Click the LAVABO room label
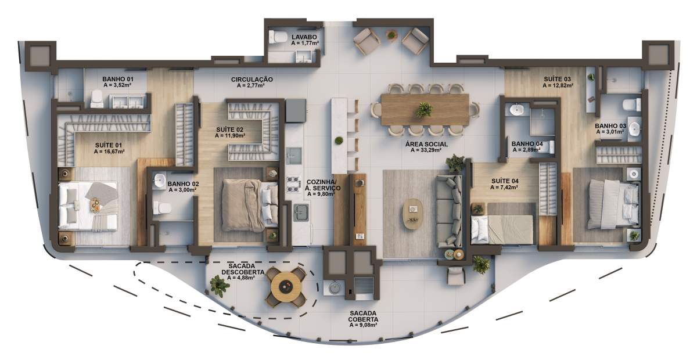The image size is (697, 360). pyautogui.click(x=304, y=37)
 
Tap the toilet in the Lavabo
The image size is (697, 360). pyautogui.click(x=278, y=37)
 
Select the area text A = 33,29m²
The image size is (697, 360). pyautogui.click(x=426, y=150)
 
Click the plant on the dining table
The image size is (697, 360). pyautogui.click(x=424, y=110)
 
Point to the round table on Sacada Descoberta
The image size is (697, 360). pyautogui.click(x=286, y=287)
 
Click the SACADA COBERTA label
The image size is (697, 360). pyautogui.click(x=363, y=316)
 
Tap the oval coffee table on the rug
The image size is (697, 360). pyautogui.click(x=413, y=214)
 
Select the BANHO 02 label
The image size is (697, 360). pyautogui.click(x=183, y=184)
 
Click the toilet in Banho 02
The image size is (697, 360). pyautogui.click(x=162, y=208)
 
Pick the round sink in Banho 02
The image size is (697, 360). pyautogui.click(x=160, y=180)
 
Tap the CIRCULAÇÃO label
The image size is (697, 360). pyautogui.click(x=252, y=80)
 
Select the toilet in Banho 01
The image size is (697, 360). pyautogui.click(x=97, y=99)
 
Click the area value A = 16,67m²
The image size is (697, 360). pyautogui.click(x=109, y=152)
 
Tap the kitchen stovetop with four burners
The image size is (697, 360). pyautogui.click(x=293, y=184)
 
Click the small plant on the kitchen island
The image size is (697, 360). pyautogui.click(x=339, y=141)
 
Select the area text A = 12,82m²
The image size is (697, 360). pyautogui.click(x=558, y=85)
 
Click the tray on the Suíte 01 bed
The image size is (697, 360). pyautogui.click(x=95, y=206)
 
